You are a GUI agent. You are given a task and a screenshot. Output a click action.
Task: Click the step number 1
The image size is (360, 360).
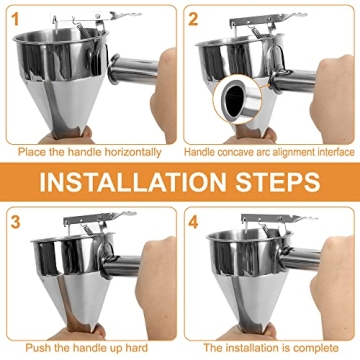(13, 19)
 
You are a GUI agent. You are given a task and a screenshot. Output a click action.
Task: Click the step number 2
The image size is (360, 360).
(194, 19)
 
